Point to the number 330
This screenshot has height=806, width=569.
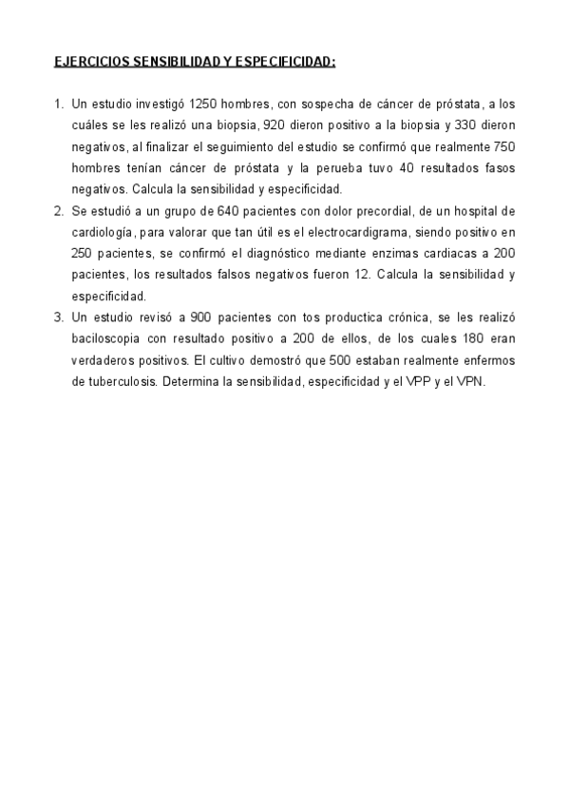465,125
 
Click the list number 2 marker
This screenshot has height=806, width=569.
59,210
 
